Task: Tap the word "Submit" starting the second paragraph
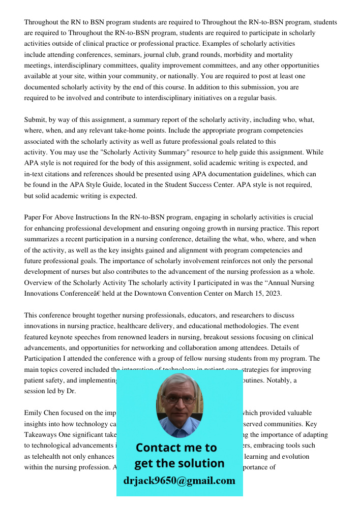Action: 35,120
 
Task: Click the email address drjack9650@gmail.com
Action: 179,481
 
